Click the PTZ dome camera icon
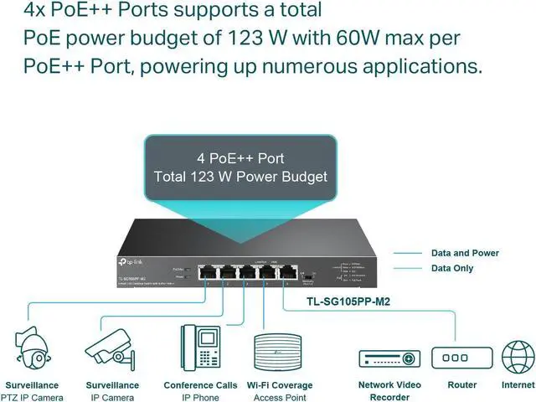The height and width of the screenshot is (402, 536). tap(32, 350)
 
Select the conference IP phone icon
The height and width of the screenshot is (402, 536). tap(200, 348)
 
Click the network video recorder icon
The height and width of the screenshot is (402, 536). tap(388, 358)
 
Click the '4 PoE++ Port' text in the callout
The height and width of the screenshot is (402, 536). tap(240, 157)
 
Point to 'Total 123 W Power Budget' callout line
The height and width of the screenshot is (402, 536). tap(240, 177)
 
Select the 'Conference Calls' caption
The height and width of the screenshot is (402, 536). tap(200, 385)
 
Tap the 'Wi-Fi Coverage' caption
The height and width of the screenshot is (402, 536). tap(280, 385)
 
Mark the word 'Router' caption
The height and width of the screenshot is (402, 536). tap(461, 385)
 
